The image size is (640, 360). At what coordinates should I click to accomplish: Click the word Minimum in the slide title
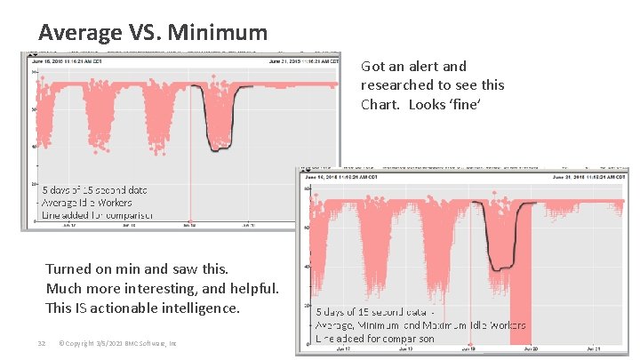[x=222, y=33]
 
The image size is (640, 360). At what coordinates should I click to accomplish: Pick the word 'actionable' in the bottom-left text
[x=160, y=308]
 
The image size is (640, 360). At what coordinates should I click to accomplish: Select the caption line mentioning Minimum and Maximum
[x=421, y=325]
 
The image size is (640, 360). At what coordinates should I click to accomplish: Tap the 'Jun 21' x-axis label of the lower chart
[x=586, y=350]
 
